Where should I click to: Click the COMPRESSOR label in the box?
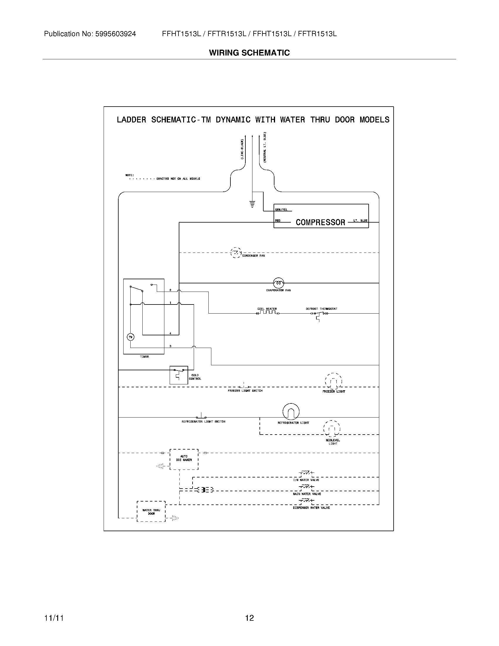[321, 222]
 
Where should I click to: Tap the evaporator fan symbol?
[278, 283]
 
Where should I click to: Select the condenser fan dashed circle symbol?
[236, 253]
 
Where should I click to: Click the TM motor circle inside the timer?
[130, 337]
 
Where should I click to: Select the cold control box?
[178, 375]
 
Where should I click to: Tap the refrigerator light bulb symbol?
[291, 411]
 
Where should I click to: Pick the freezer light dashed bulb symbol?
[333, 381]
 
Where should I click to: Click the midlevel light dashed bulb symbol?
[332, 429]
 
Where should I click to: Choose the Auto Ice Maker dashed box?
[184, 459]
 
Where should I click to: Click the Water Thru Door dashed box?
[151, 512]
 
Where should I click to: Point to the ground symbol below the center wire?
[252, 204]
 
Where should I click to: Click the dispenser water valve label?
[311, 508]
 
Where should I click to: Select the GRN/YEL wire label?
[281, 210]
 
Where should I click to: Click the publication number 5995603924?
[115, 34]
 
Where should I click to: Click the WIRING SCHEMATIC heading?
[249, 53]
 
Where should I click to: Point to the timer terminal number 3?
[170, 346]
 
